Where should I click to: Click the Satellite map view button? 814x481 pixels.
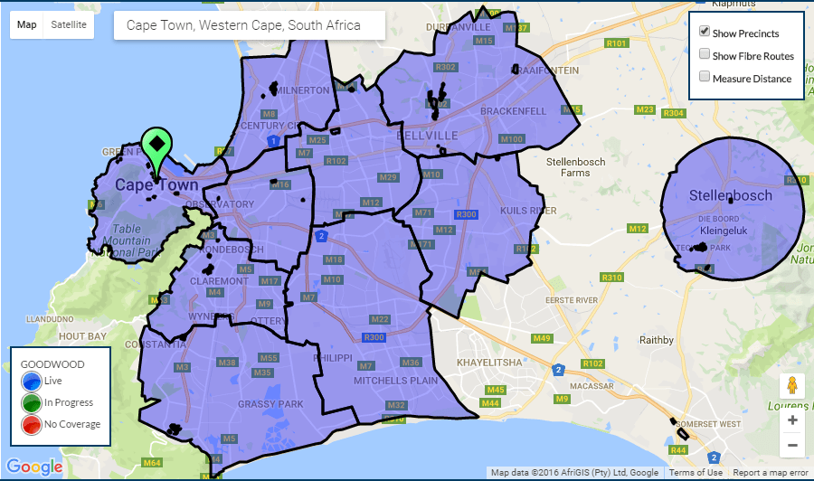69,24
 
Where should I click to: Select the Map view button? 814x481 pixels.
27,24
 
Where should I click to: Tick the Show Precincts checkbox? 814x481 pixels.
704,32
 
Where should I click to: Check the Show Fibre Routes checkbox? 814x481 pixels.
704,54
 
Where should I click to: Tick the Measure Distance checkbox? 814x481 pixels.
704,78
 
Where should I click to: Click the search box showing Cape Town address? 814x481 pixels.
249,25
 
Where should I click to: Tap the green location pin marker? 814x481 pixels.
156,148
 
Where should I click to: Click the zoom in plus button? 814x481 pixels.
792,420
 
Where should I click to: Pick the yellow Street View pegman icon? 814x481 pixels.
792,386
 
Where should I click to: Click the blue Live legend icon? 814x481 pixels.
31,382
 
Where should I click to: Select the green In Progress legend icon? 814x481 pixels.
31,402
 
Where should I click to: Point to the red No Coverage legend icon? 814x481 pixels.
31,424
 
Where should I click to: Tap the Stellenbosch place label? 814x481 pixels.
731,195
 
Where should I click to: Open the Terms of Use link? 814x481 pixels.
696,473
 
